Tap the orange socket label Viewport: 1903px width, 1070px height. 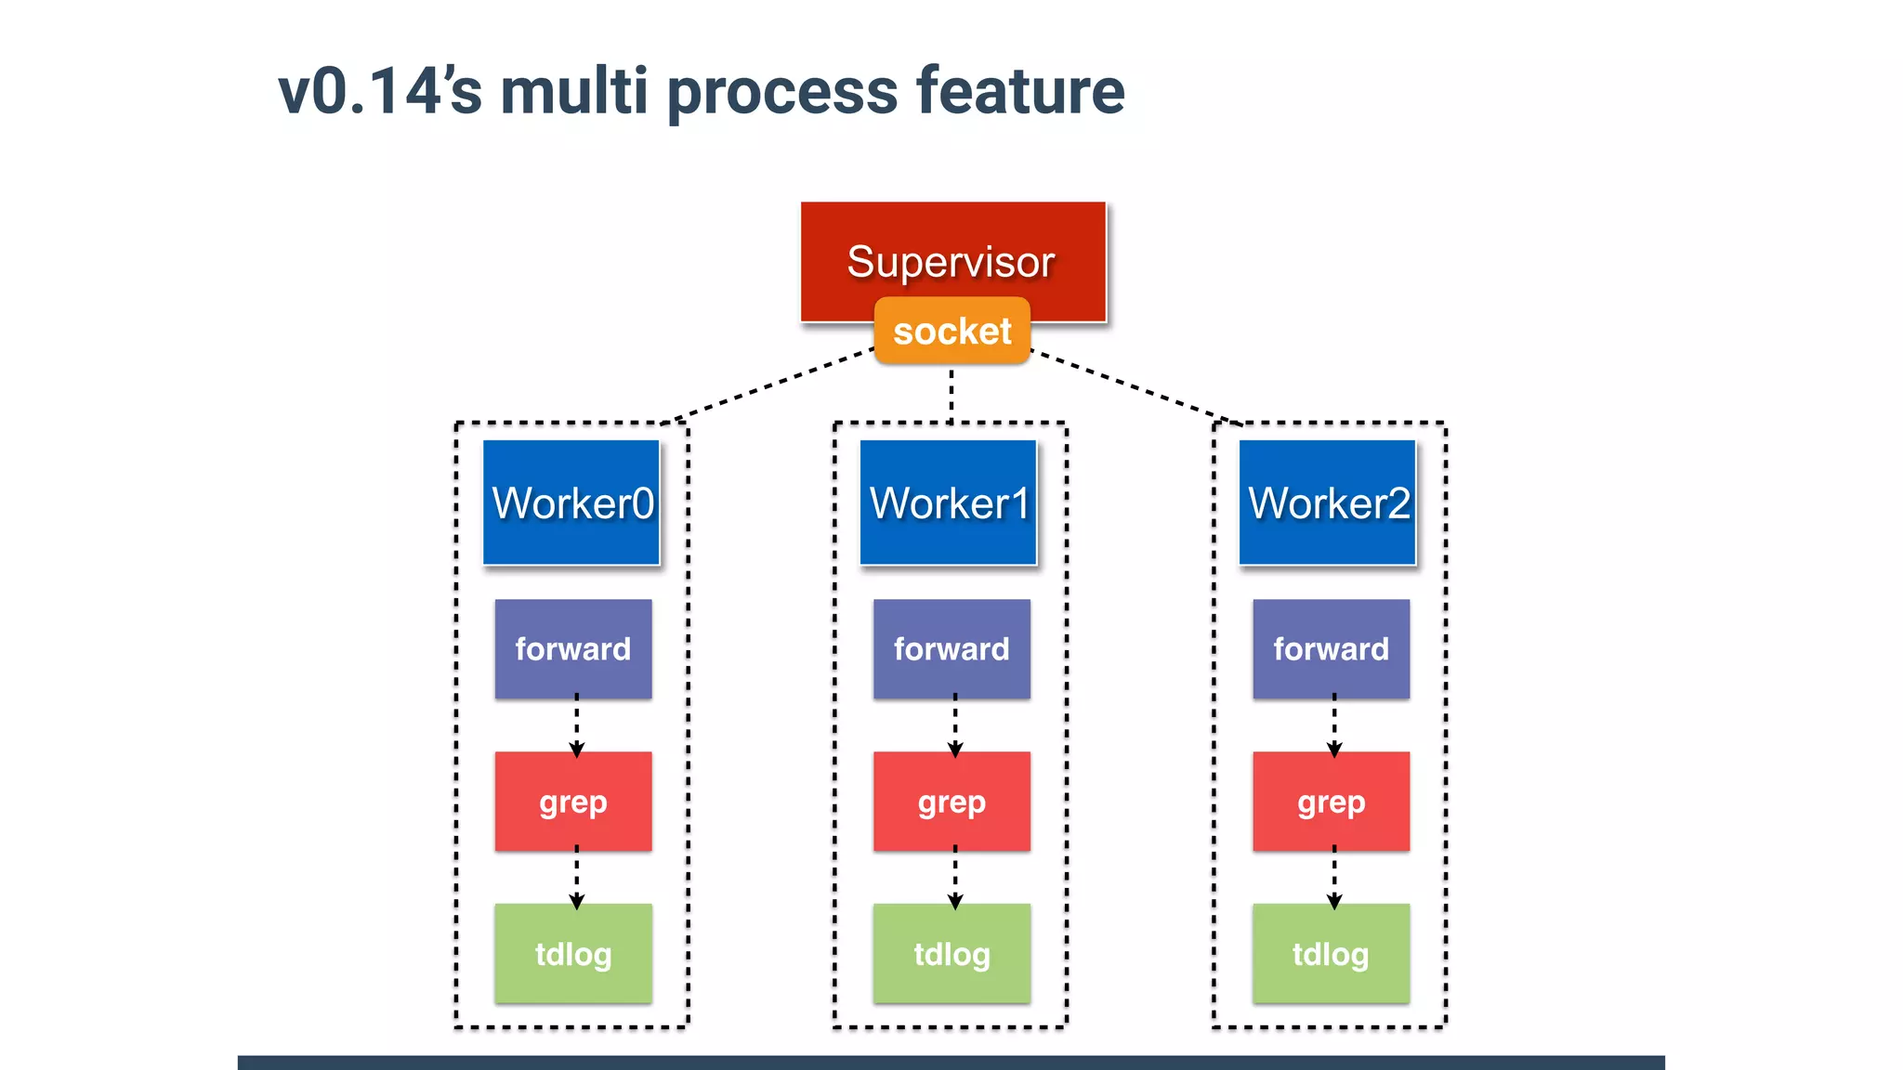952,332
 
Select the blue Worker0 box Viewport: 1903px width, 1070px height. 571,502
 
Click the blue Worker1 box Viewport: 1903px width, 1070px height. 949,502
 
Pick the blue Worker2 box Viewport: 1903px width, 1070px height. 1328,502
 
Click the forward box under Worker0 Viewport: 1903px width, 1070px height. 573,648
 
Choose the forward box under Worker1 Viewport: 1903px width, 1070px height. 951,648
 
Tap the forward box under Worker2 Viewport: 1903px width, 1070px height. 1331,648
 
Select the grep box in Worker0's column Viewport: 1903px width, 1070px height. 573,801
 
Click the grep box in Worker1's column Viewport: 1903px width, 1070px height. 951,801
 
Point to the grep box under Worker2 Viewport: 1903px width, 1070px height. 1331,801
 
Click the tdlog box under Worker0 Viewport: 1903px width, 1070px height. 573,953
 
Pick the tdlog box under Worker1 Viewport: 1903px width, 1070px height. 951,953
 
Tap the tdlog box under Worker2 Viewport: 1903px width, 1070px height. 1331,953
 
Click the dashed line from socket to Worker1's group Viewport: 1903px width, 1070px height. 951,394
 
